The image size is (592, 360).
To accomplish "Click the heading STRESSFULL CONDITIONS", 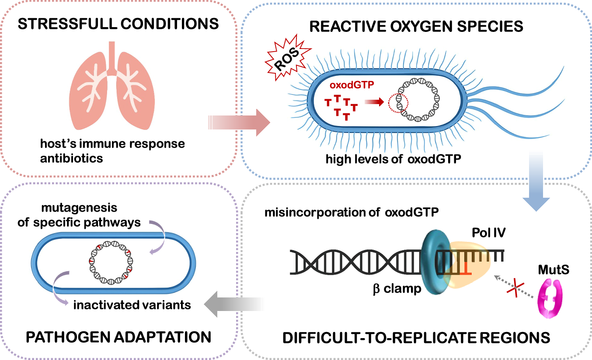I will (x=118, y=24).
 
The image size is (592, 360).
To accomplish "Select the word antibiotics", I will (x=72, y=158).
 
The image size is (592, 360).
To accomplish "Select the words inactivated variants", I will (x=132, y=304).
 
